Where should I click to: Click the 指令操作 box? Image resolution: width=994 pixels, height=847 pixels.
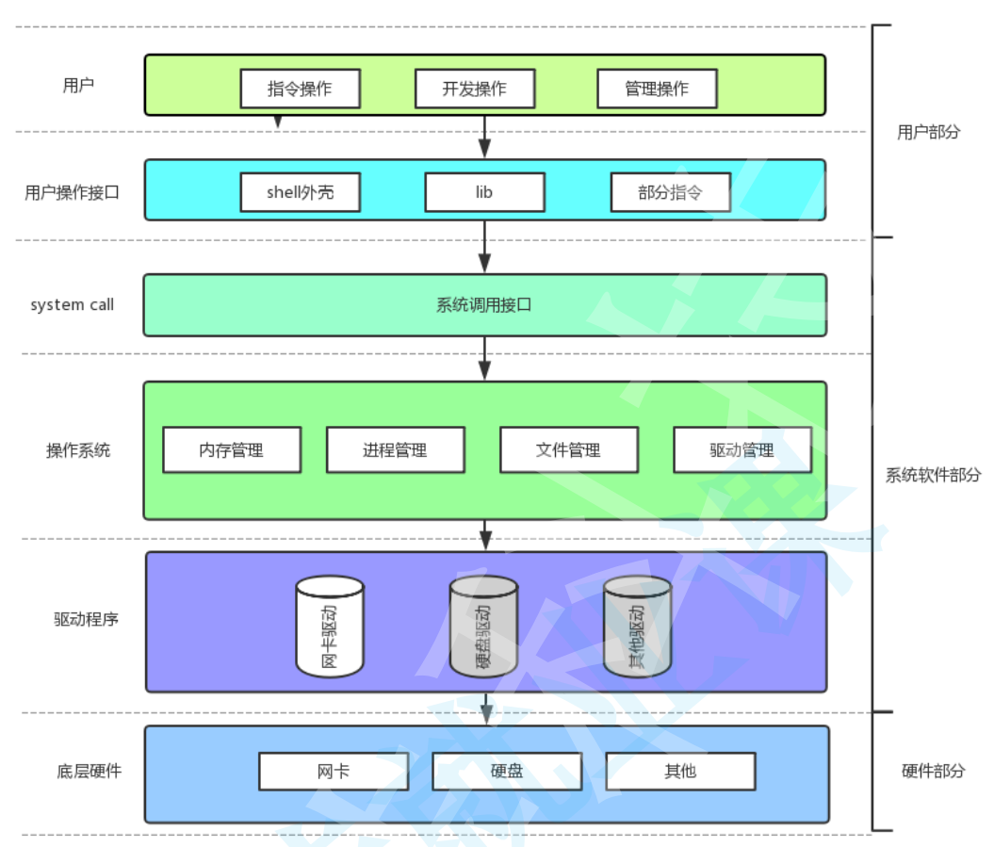click(x=300, y=89)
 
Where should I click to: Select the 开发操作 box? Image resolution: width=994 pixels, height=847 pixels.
click(x=475, y=89)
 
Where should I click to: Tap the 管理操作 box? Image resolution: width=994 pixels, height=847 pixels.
click(x=657, y=89)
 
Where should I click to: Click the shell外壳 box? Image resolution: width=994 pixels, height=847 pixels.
click(x=300, y=192)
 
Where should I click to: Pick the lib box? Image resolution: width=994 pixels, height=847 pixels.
click(x=484, y=192)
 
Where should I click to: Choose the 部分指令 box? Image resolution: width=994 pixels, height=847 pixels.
click(x=670, y=192)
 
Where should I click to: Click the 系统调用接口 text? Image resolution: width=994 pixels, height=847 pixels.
click(x=484, y=305)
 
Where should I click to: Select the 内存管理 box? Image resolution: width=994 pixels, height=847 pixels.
click(x=232, y=450)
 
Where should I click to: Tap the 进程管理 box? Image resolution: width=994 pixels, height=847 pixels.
click(x=395, y=450)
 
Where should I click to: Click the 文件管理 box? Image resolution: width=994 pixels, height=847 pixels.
click(x=568, y=450)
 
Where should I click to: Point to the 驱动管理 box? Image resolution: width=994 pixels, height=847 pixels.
click(x=741, y=450)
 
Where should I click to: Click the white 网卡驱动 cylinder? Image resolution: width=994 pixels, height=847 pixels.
click(x=330, y=627)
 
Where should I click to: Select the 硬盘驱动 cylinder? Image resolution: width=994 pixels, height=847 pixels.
click(x=483, y=627)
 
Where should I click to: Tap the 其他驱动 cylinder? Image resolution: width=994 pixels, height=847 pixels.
click(x=638, y=627)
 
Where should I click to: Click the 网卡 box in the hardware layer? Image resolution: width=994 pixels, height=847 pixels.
click(x=334, y=771)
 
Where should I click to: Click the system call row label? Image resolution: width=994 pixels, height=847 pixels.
click(x=72, y=305)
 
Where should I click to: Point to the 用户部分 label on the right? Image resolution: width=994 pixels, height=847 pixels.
click(x=928, y=132)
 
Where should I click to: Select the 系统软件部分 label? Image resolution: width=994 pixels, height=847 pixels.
click(x=933, y=475)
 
